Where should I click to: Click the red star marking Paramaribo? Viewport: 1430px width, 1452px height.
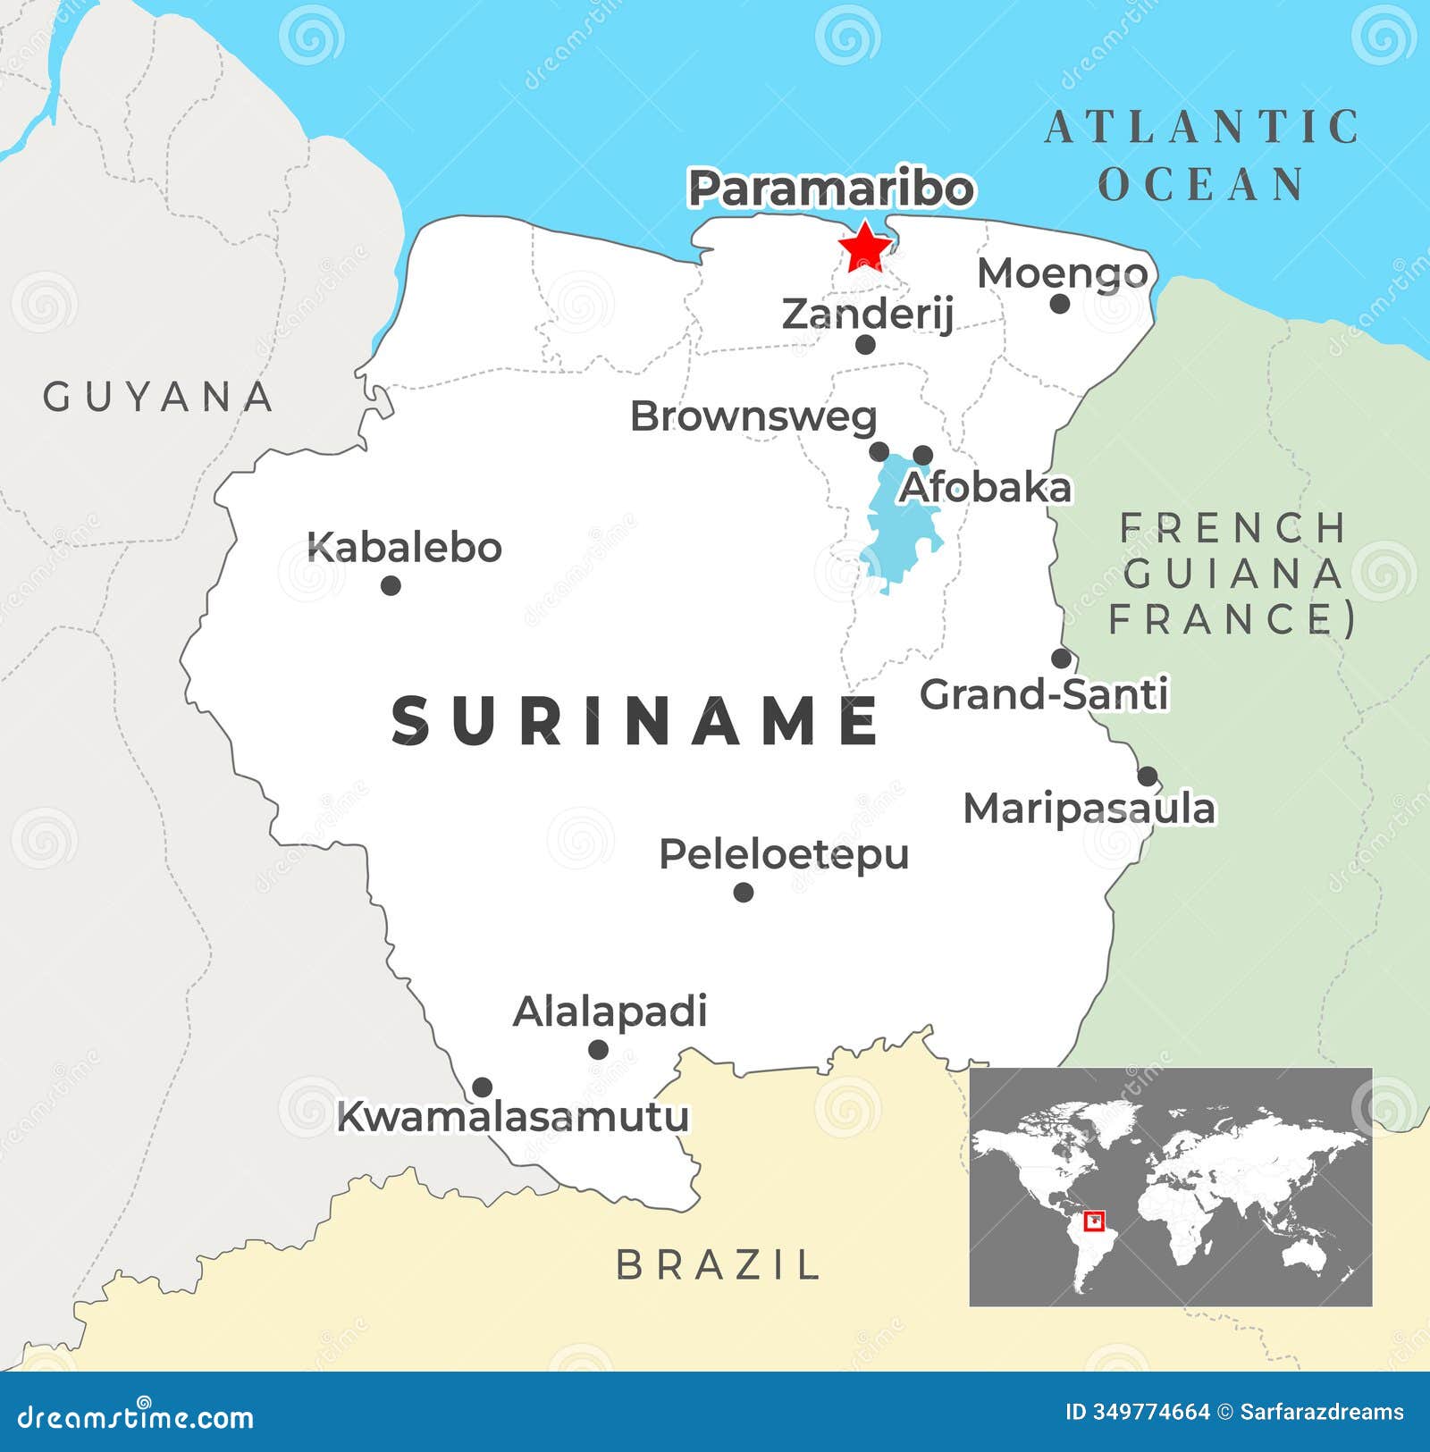[x=864, y=247]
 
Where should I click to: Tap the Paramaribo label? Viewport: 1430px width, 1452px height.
[x=830, y=189]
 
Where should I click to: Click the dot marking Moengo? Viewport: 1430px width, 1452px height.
[x=1060, y=304]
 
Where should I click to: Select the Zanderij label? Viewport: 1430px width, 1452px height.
[x=868, y=314]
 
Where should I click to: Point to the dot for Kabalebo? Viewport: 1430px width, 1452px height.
[x=391, y=585]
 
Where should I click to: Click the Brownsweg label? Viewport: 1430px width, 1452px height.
[x=753, y=416]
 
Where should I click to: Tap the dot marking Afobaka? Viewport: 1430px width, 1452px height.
[x=922, y=455]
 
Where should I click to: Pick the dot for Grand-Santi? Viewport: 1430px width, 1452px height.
[x=1061, y=659]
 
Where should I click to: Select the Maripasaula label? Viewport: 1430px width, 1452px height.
[x=1089, y=809]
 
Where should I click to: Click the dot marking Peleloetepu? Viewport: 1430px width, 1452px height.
[x=743, y=892]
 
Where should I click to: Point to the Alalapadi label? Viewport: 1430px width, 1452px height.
[x=610, y=1011]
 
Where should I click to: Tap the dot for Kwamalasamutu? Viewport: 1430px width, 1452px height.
[x=482, y=1087]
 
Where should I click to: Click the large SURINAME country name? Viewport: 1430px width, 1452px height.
[x=635, y=721]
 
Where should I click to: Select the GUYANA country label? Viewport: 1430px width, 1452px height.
[x=158, y=397]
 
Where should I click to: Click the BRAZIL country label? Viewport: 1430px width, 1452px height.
[x=718, y=1264]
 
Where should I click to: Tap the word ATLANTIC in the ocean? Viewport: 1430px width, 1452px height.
[x=1202, y=127]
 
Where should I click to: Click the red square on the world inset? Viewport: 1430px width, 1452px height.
[x=1094, y=1221]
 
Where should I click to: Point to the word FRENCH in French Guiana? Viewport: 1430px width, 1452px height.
[x=1233, y=528]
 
